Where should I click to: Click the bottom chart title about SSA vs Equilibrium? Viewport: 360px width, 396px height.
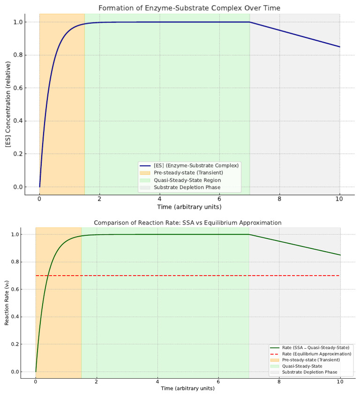click(x=187, y=223)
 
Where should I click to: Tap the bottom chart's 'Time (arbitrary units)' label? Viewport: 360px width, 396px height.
click(x=187, y=389)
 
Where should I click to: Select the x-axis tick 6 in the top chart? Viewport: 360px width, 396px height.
click(x=219, y=199)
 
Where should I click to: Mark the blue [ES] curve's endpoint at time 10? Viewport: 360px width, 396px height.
click(x=339, y=47)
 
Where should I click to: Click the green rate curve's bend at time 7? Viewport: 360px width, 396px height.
click(x=249, y=234)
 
